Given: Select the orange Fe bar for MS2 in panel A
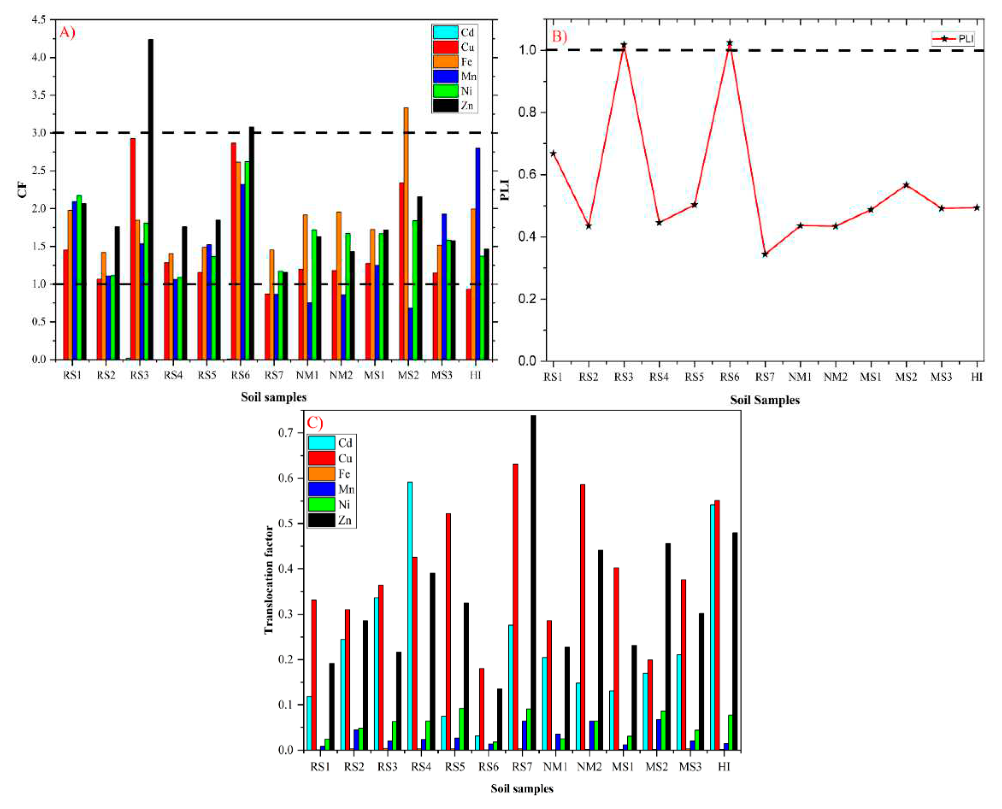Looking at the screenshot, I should click(406, 233).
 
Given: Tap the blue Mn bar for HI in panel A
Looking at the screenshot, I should click(478, 254).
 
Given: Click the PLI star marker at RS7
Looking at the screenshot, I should click(765, 254).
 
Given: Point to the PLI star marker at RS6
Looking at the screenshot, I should click(730, 43).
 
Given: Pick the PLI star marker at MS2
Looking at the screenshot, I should click(906, 185).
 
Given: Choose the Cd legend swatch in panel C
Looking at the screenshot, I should click(321, 443).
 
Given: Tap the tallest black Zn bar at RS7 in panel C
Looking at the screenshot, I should click(533, 582).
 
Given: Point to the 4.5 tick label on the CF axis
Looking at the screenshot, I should click(38, 20).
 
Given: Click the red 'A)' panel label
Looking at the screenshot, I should click(67, 32).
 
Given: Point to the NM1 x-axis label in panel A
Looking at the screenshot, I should click(307, 375).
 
